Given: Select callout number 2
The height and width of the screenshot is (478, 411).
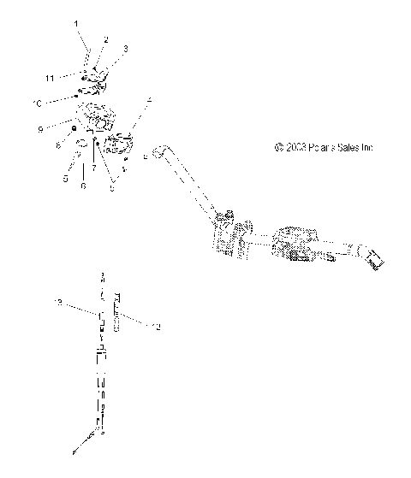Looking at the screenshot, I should (106, 39).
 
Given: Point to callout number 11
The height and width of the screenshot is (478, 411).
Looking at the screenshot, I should (51, 78).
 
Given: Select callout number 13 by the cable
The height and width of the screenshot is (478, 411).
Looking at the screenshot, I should (59, 303).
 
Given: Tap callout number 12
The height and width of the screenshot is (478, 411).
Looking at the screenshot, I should (156, 326).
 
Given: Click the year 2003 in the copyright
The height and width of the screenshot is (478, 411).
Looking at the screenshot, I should (295, 147).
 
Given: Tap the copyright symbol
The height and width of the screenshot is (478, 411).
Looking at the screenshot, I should (279, 147).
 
